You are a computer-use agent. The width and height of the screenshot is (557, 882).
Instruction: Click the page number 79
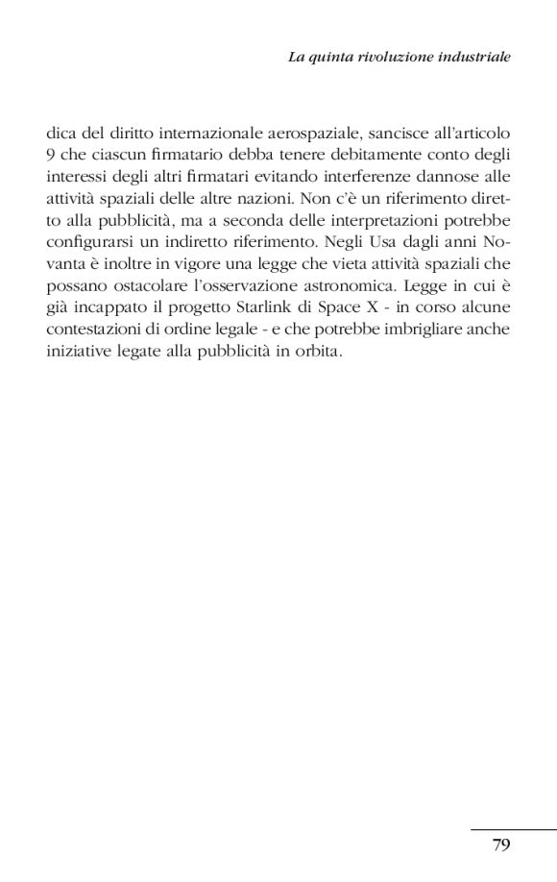[500, 845]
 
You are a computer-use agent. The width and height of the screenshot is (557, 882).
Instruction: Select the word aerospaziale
[302, 132]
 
